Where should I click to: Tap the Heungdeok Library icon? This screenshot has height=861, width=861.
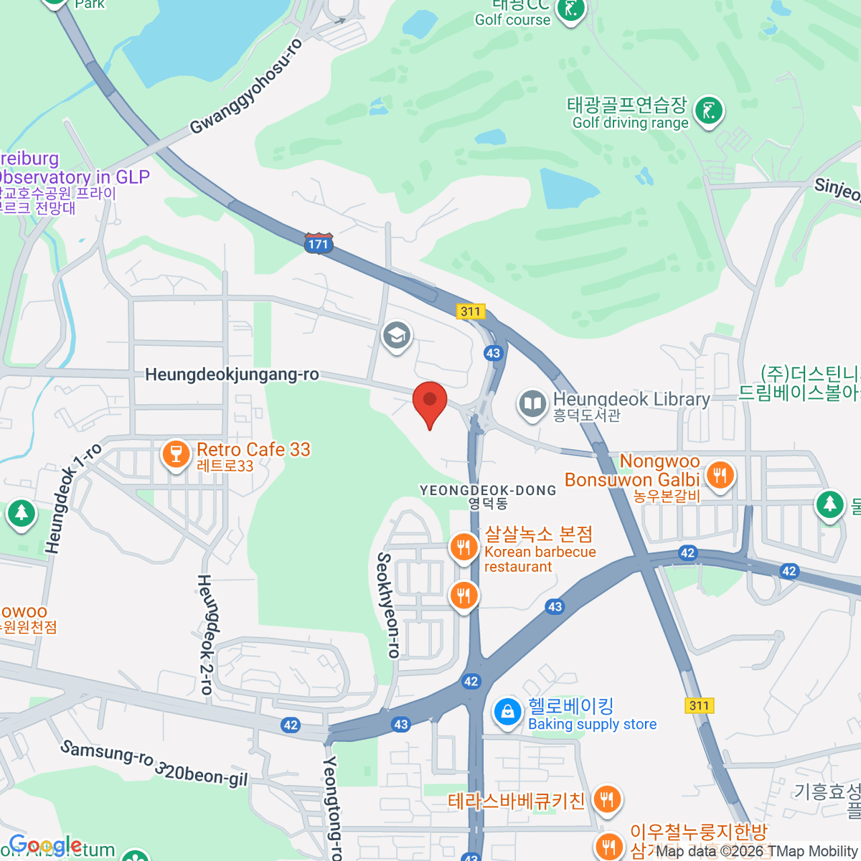tap(532, 404)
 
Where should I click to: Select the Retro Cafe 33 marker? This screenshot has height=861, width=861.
tap(176, 453)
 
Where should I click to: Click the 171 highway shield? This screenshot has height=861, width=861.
tap(318, 244)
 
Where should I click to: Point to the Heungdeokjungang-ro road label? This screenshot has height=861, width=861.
tap(232, 375)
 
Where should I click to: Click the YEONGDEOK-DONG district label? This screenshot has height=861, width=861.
tap(488, 491)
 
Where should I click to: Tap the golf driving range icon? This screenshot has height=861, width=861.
tap(709, 110)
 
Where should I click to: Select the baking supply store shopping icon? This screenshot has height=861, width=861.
tap(507, 712)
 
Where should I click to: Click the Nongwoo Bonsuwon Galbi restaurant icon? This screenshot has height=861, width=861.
tap(720, 474)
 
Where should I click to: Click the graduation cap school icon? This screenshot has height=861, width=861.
tap(396, 335)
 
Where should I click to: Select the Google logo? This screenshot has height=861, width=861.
tap(45, 846)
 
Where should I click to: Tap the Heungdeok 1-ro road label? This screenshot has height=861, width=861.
tap(72, 498)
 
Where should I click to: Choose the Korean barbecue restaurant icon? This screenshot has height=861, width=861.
tap(464, 547)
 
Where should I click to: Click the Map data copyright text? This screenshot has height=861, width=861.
tap(757, 852)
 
